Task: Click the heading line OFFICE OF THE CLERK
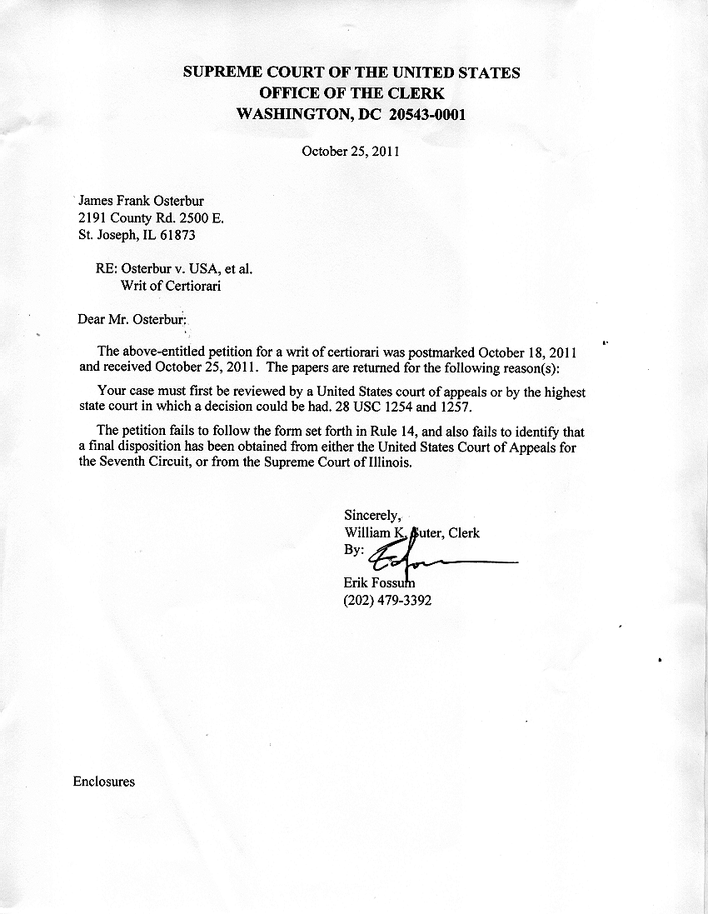pos(352,93)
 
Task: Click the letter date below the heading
pos(351,152)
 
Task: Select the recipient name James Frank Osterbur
pos(141,201)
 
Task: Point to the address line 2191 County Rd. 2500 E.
pos(151,218)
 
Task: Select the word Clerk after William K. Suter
pos(464,533)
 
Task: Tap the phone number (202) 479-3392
pos(386,600)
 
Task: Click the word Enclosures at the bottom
pos(104,782)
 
